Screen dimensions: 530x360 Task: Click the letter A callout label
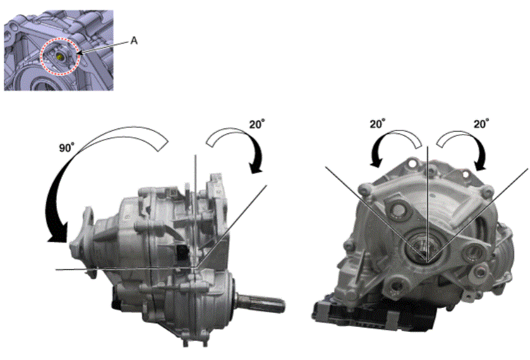pos(134,41)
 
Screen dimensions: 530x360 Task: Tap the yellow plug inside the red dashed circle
pos(60,57)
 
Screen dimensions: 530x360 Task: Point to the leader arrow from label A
pos(103,47)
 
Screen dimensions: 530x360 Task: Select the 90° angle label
pos(67,148)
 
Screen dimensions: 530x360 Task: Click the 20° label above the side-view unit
pos(257,124)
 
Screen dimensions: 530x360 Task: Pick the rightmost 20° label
pos(482,124)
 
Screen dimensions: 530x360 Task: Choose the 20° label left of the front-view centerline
pos(377,124)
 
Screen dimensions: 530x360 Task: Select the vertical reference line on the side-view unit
pos(195,211)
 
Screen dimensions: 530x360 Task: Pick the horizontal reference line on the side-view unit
pos(126,269)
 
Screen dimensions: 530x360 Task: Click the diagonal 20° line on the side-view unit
pos(232,226)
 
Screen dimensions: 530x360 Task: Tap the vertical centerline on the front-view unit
pos(428,204)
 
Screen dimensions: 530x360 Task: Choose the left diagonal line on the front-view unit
pos(376,214)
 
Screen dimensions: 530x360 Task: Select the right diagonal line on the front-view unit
pos(478,215)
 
